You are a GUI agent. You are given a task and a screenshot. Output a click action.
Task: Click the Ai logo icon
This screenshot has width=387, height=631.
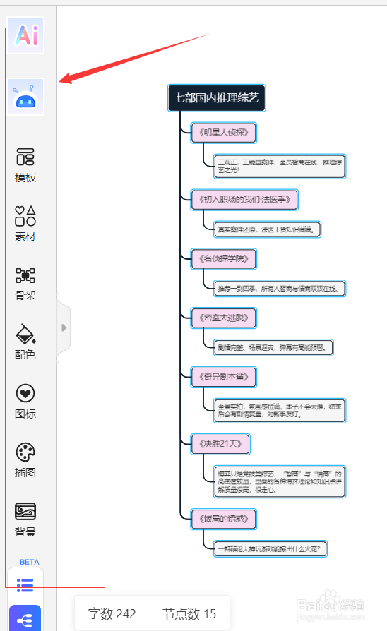click(x=25, y=35)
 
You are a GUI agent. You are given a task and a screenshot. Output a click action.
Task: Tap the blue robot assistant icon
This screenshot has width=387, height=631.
click(x=25, y=97)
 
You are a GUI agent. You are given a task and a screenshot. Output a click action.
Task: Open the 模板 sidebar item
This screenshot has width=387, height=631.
click(x=25, y=165)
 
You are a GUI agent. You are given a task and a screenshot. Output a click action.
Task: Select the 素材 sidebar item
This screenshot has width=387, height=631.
click(x=25, y=224)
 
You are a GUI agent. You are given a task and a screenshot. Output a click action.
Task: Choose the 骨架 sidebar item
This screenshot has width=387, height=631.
click(x=25, y=283)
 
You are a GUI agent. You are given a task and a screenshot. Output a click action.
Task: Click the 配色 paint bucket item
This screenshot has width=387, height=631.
click(x=25, y=342)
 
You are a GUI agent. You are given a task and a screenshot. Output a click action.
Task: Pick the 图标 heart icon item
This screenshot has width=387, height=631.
click(x=25, y=402)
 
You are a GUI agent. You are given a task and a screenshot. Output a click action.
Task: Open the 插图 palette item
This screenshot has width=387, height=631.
click(x=25, y=460)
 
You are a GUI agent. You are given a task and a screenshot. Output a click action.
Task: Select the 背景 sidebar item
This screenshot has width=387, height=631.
click(x=25, y=519)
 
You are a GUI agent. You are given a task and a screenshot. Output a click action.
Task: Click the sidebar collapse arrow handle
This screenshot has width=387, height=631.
click(x=64, y=327)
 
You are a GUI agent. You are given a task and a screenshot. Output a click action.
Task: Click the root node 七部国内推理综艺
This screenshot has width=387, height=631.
click(x=217, y=98)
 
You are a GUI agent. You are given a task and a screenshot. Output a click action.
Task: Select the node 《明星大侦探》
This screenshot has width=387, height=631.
click(x=223, y=133)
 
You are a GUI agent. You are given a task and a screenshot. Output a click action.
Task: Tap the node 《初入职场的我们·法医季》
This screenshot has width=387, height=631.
click(x=244, y=200)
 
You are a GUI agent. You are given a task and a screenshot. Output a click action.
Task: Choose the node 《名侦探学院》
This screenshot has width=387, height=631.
click(x=223, y=258)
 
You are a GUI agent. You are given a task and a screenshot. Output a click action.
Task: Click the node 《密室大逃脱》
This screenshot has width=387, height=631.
click(x=223, y=318)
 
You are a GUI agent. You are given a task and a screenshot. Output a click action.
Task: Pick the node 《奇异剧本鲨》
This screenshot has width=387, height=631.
click(x=223, y=377)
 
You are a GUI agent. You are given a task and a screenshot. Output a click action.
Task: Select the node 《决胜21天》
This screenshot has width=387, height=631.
click(x=220, y=444)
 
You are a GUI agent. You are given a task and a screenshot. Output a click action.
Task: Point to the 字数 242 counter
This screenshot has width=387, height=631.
click(x=112, y=613)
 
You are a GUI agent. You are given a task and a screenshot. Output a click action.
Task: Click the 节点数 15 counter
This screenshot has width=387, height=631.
click(x=189, y=613)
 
